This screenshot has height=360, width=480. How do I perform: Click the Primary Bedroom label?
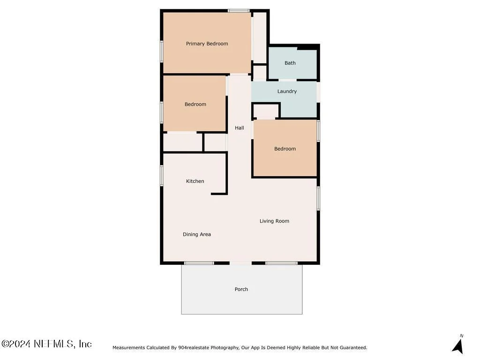(x=207, y=44)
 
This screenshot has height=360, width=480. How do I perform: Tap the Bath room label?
(x=290, y=63)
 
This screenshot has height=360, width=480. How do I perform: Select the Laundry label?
(x=287, y=91)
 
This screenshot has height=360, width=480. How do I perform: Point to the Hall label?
(x=240, y=128)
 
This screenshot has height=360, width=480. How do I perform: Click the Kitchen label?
(x=195, y=181)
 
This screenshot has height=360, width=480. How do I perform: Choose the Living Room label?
(x=274, y=221)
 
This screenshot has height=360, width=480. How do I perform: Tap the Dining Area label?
(x=197, y=234)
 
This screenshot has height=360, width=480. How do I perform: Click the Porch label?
(x=241, y=289)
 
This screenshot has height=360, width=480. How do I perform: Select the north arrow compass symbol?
(x=458, y=345)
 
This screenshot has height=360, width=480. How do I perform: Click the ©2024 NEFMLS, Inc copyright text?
(x=46, y=344)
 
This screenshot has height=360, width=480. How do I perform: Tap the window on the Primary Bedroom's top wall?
(x=239, y=11)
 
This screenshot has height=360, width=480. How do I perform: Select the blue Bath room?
(x=292, y=64)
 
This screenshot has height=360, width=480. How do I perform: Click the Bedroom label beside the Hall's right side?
(x=285, y=149)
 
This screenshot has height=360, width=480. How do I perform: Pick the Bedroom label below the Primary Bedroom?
(x=195, y=105)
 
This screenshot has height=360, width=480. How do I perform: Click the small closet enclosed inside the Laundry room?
(x=266, y=111)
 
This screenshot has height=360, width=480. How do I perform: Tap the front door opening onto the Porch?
(x=240, y=263)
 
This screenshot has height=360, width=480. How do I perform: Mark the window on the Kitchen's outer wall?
(x=162, y=175)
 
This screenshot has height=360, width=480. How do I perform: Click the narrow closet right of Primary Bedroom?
(x=259, y=37)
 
